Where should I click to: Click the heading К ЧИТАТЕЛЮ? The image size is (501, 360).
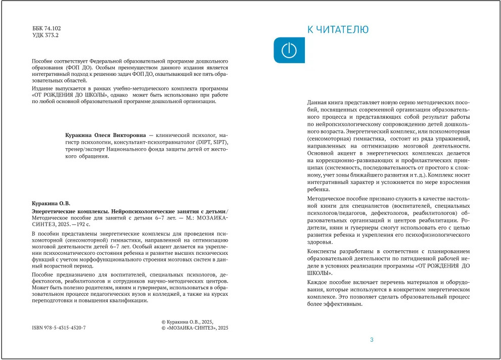[x=338, y=30]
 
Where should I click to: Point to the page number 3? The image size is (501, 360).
[x=372, y=340]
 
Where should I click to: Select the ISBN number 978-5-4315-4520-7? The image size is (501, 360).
[x=59, y=328]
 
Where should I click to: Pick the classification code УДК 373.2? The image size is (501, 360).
[x=45, y=36]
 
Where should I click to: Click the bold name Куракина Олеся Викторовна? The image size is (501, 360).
[x=106, y=136]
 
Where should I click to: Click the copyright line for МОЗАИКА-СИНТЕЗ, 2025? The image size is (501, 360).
[x=195, y=328]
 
